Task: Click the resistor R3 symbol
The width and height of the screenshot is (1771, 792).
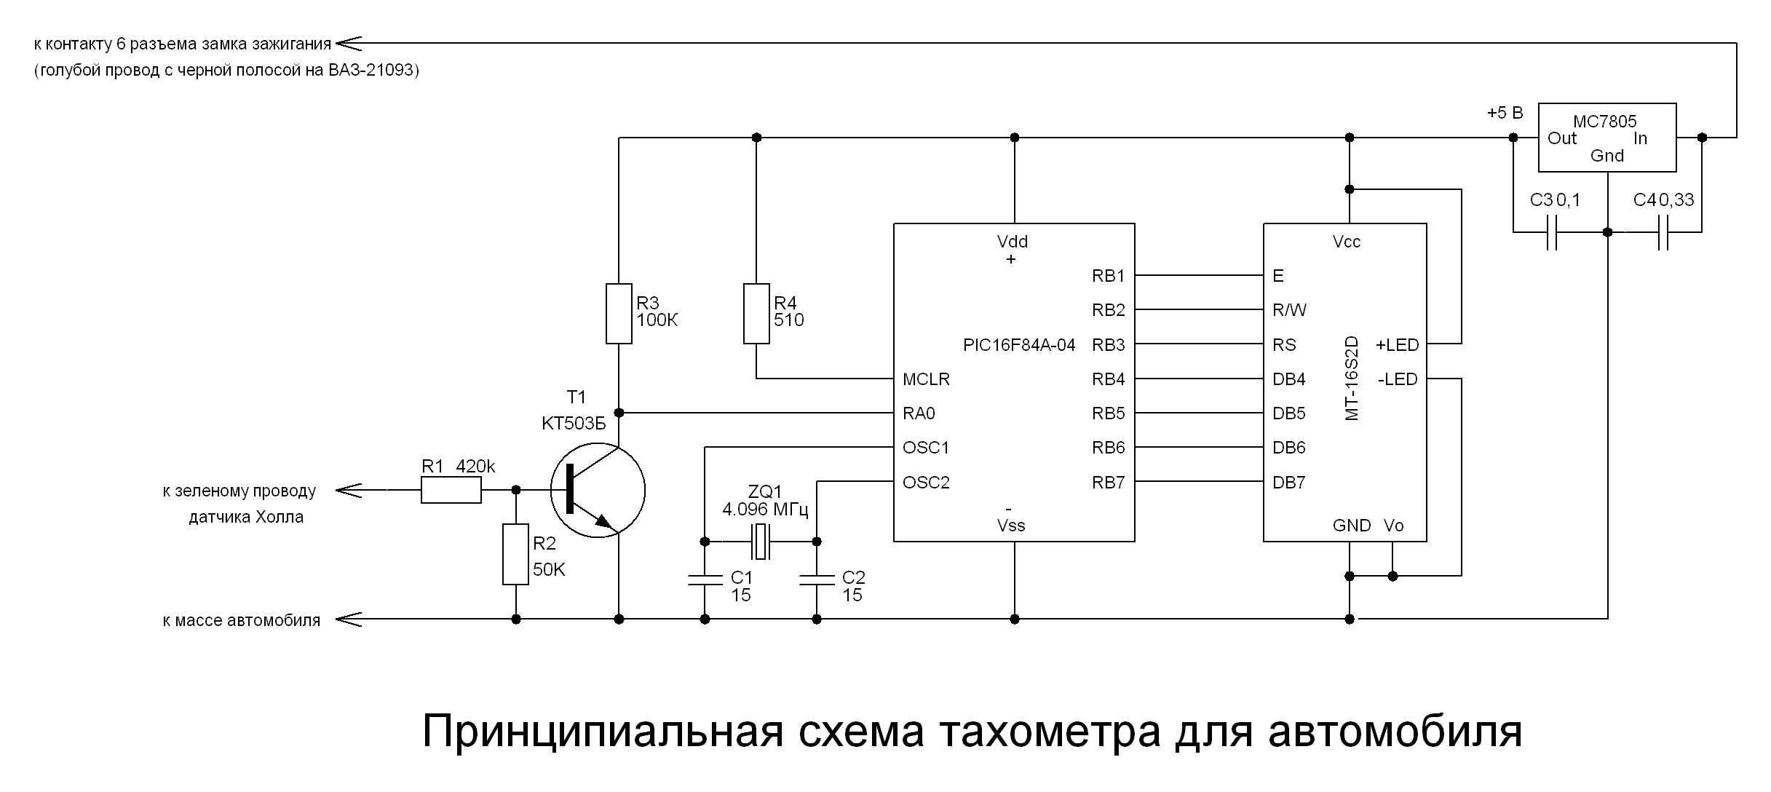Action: point(619,313)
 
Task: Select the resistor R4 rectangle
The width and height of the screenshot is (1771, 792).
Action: point(756,313)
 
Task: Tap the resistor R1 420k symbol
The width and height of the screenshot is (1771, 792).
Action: point(451,490)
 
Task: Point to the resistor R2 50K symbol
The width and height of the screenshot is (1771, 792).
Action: point(515,554)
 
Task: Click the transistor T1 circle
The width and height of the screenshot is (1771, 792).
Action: point(598,490)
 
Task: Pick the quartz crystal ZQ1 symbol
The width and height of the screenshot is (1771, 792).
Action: point(761,542)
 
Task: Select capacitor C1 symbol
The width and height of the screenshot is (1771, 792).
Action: point(705,579)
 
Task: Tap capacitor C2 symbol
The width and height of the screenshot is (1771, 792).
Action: point(816,579)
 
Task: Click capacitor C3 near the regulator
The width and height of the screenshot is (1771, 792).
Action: point(1551,232)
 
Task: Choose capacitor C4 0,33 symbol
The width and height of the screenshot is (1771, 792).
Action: point(1663,232)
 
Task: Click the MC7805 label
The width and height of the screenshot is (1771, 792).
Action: point(1604,122)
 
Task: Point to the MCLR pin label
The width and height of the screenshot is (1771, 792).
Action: point(926,379)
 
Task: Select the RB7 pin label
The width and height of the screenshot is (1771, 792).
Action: point(1108,483)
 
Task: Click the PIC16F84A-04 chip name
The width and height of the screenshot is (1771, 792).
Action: point(1018,345)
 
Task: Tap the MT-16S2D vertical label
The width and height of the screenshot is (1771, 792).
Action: point(1352,379)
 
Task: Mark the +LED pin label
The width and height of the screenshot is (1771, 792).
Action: point(1397,345)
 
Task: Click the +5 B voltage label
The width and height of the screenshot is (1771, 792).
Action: point(1504,114)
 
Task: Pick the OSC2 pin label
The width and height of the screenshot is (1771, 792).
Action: point(926,483)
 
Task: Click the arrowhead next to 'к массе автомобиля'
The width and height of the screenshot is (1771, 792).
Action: point(349,619)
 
